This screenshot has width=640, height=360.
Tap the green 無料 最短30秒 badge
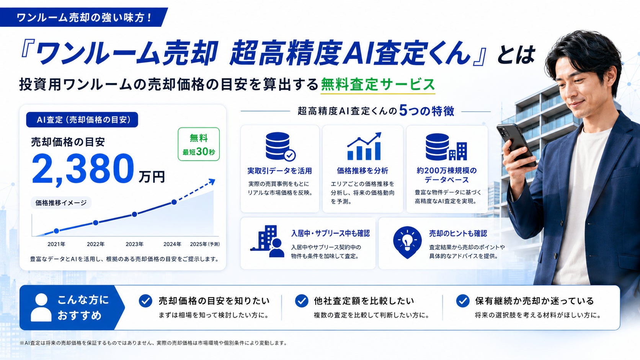pyautogui.click(x=199, y=144)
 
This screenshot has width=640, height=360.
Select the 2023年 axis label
pyautogui.click(x=134, y=244)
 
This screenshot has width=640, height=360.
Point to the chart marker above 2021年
pyautogui.click(x=57, y=231)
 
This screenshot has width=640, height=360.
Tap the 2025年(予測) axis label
pyautogui.click(x=204, y=244)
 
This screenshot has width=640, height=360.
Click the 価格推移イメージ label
pyautogui.click(x=61, y=203)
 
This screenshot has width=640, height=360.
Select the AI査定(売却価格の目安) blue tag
pyautogui.click(x=82, y=120)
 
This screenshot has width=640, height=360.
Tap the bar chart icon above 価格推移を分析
pyautogui.click(x=364, y=146)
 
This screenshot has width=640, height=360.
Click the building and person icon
pyautogui.click(x=267, y=241)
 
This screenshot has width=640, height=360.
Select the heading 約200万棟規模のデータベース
pyautogui.click(x=447, y=175)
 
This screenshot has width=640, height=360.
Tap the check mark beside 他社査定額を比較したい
pyautogui.click(x=301, y=301)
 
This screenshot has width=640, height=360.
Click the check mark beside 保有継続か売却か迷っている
pyautogui.click(x=462, y=301)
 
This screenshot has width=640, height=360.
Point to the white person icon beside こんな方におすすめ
pyautogui.click(x=41, y=308)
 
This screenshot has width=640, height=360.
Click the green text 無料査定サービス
pyautogui.click(x=378, y=85)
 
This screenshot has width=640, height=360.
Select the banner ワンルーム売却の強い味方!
pyautogui.click(x=84, y=18)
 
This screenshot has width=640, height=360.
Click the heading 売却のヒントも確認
pyautogui.click(x=458, y=233)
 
